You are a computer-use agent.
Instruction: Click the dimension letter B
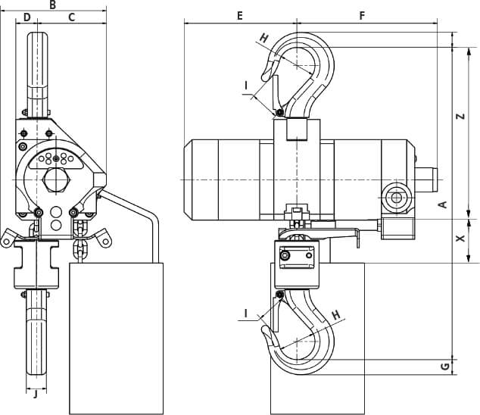click(x=53, y=5)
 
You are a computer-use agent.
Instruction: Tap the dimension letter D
click(x=27, y=17)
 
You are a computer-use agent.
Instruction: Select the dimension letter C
click(x=71, y=17)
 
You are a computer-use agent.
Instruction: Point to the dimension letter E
click(x=240, y=16)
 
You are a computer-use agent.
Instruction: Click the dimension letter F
click(x=362, y=16)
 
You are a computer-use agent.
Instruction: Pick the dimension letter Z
click(x=460, y=116)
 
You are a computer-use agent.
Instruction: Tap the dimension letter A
click(x=443, y=204)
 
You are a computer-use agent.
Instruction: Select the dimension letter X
click(x=460, y=238)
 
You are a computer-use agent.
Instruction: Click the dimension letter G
click(x=445, y=367)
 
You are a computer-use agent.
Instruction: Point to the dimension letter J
click(x=36, y=394)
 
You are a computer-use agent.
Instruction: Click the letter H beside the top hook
click(x=264, y=39)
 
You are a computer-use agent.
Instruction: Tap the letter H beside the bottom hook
click(x=336, y=315)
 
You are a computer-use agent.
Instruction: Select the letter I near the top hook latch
click(x=246, y=86)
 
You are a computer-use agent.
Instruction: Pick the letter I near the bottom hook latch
click(x=246, y=313)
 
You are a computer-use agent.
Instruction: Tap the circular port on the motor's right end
click(x=397, y=198)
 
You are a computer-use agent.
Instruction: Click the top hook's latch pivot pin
click(x=279, y=114)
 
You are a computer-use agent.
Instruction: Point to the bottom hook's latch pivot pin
click(x=279, y=295)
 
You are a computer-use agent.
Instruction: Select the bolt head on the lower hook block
click(x=285, y=255)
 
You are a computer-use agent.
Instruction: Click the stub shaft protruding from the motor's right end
click(x=426, y=180)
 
